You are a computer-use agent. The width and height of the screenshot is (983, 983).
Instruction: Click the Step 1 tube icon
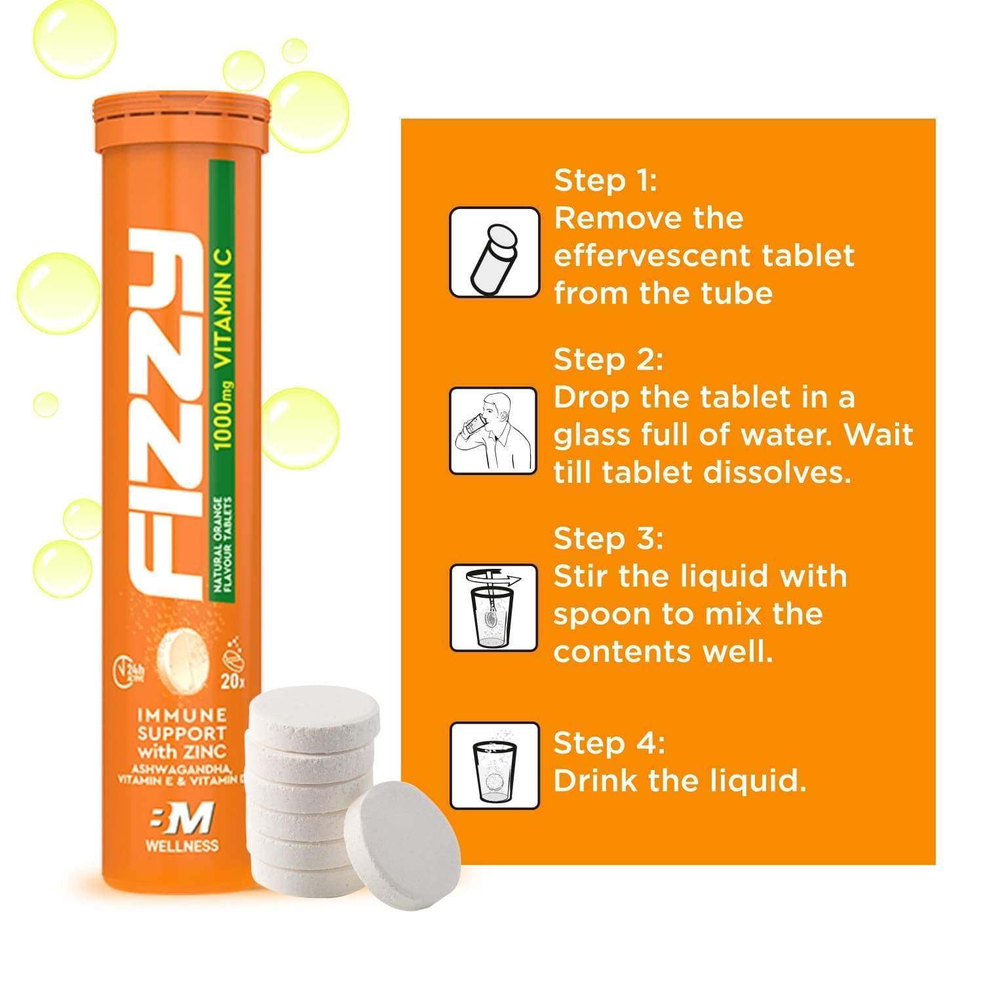[x=494, y=252]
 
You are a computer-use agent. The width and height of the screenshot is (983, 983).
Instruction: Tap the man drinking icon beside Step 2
[x=494, y=431]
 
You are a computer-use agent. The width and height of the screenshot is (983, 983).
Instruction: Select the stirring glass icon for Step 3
[x=494, y=609]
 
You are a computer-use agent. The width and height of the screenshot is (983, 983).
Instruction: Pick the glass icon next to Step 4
[x=494, y=765]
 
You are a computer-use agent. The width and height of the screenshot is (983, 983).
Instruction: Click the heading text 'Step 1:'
[x=605, y=180]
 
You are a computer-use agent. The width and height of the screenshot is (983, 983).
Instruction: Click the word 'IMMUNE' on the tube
[x=181, y=714]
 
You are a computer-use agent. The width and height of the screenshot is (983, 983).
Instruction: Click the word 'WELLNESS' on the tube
[x=182, y=846]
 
